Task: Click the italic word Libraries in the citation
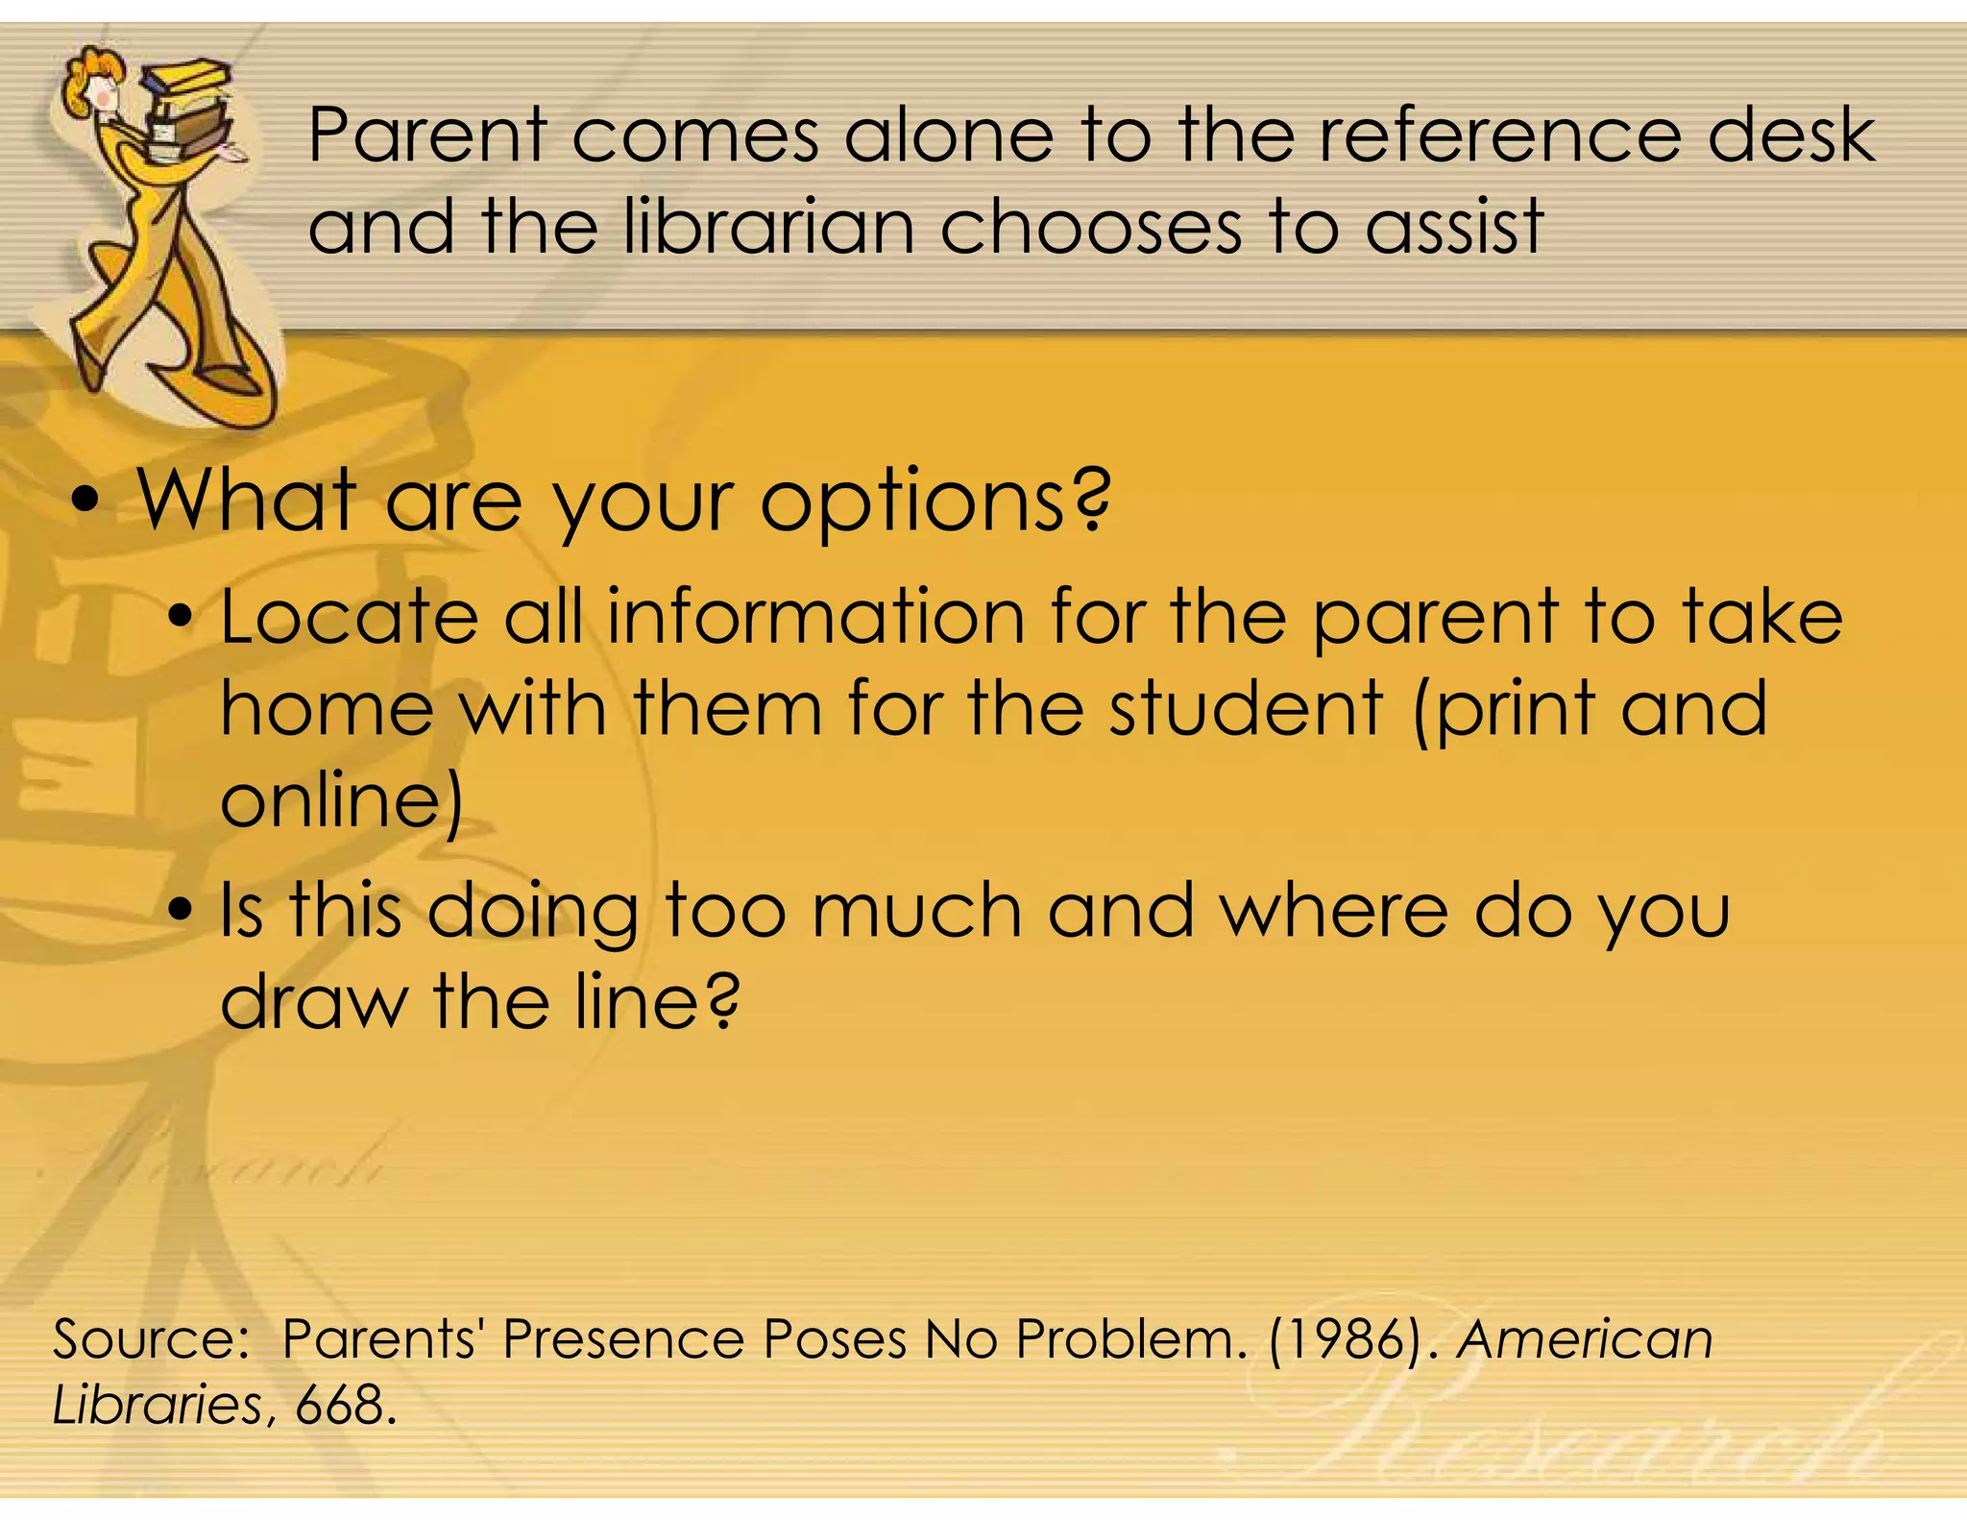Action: pos(157,1405)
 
